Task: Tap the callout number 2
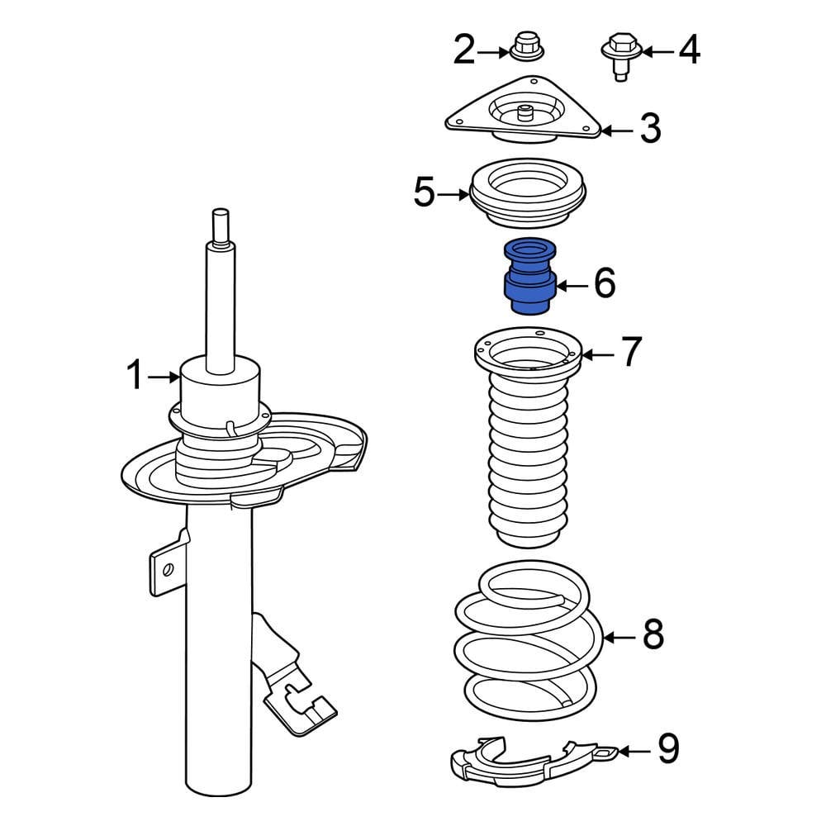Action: (464, 51)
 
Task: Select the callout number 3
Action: (650, 129)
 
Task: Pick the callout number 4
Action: (688, 50)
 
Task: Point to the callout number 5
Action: (424, 194)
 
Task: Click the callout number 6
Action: (604, 284)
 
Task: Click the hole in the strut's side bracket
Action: (168, 568)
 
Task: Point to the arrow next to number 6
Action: (570, 286)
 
